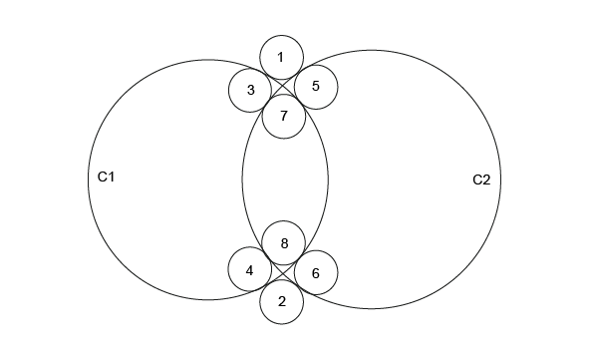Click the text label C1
pyautogui.click(x=106, y=177)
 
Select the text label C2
pyautogui.click(x=481, y=180)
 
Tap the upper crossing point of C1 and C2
pyautogui.click(x=282, y=88)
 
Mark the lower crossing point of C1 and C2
pyautogui.click(x=282, y=271)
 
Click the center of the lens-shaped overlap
pyautogui.click(x=285, y=180)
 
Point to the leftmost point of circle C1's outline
pyautogui.click(x=88, y=180)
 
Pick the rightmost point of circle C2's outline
pyautogui.click(x=501, y=180)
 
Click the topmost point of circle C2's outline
pyautogui.click(x=372, y=50)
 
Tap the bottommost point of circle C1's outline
pyautogui.click(x=208, y=300)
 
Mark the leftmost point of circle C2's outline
pyautogui.click(x=242, y=180)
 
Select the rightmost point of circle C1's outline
pyautogui.click(x=328, y=180)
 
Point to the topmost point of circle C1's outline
pyautogui.click(x=208, y=59)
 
